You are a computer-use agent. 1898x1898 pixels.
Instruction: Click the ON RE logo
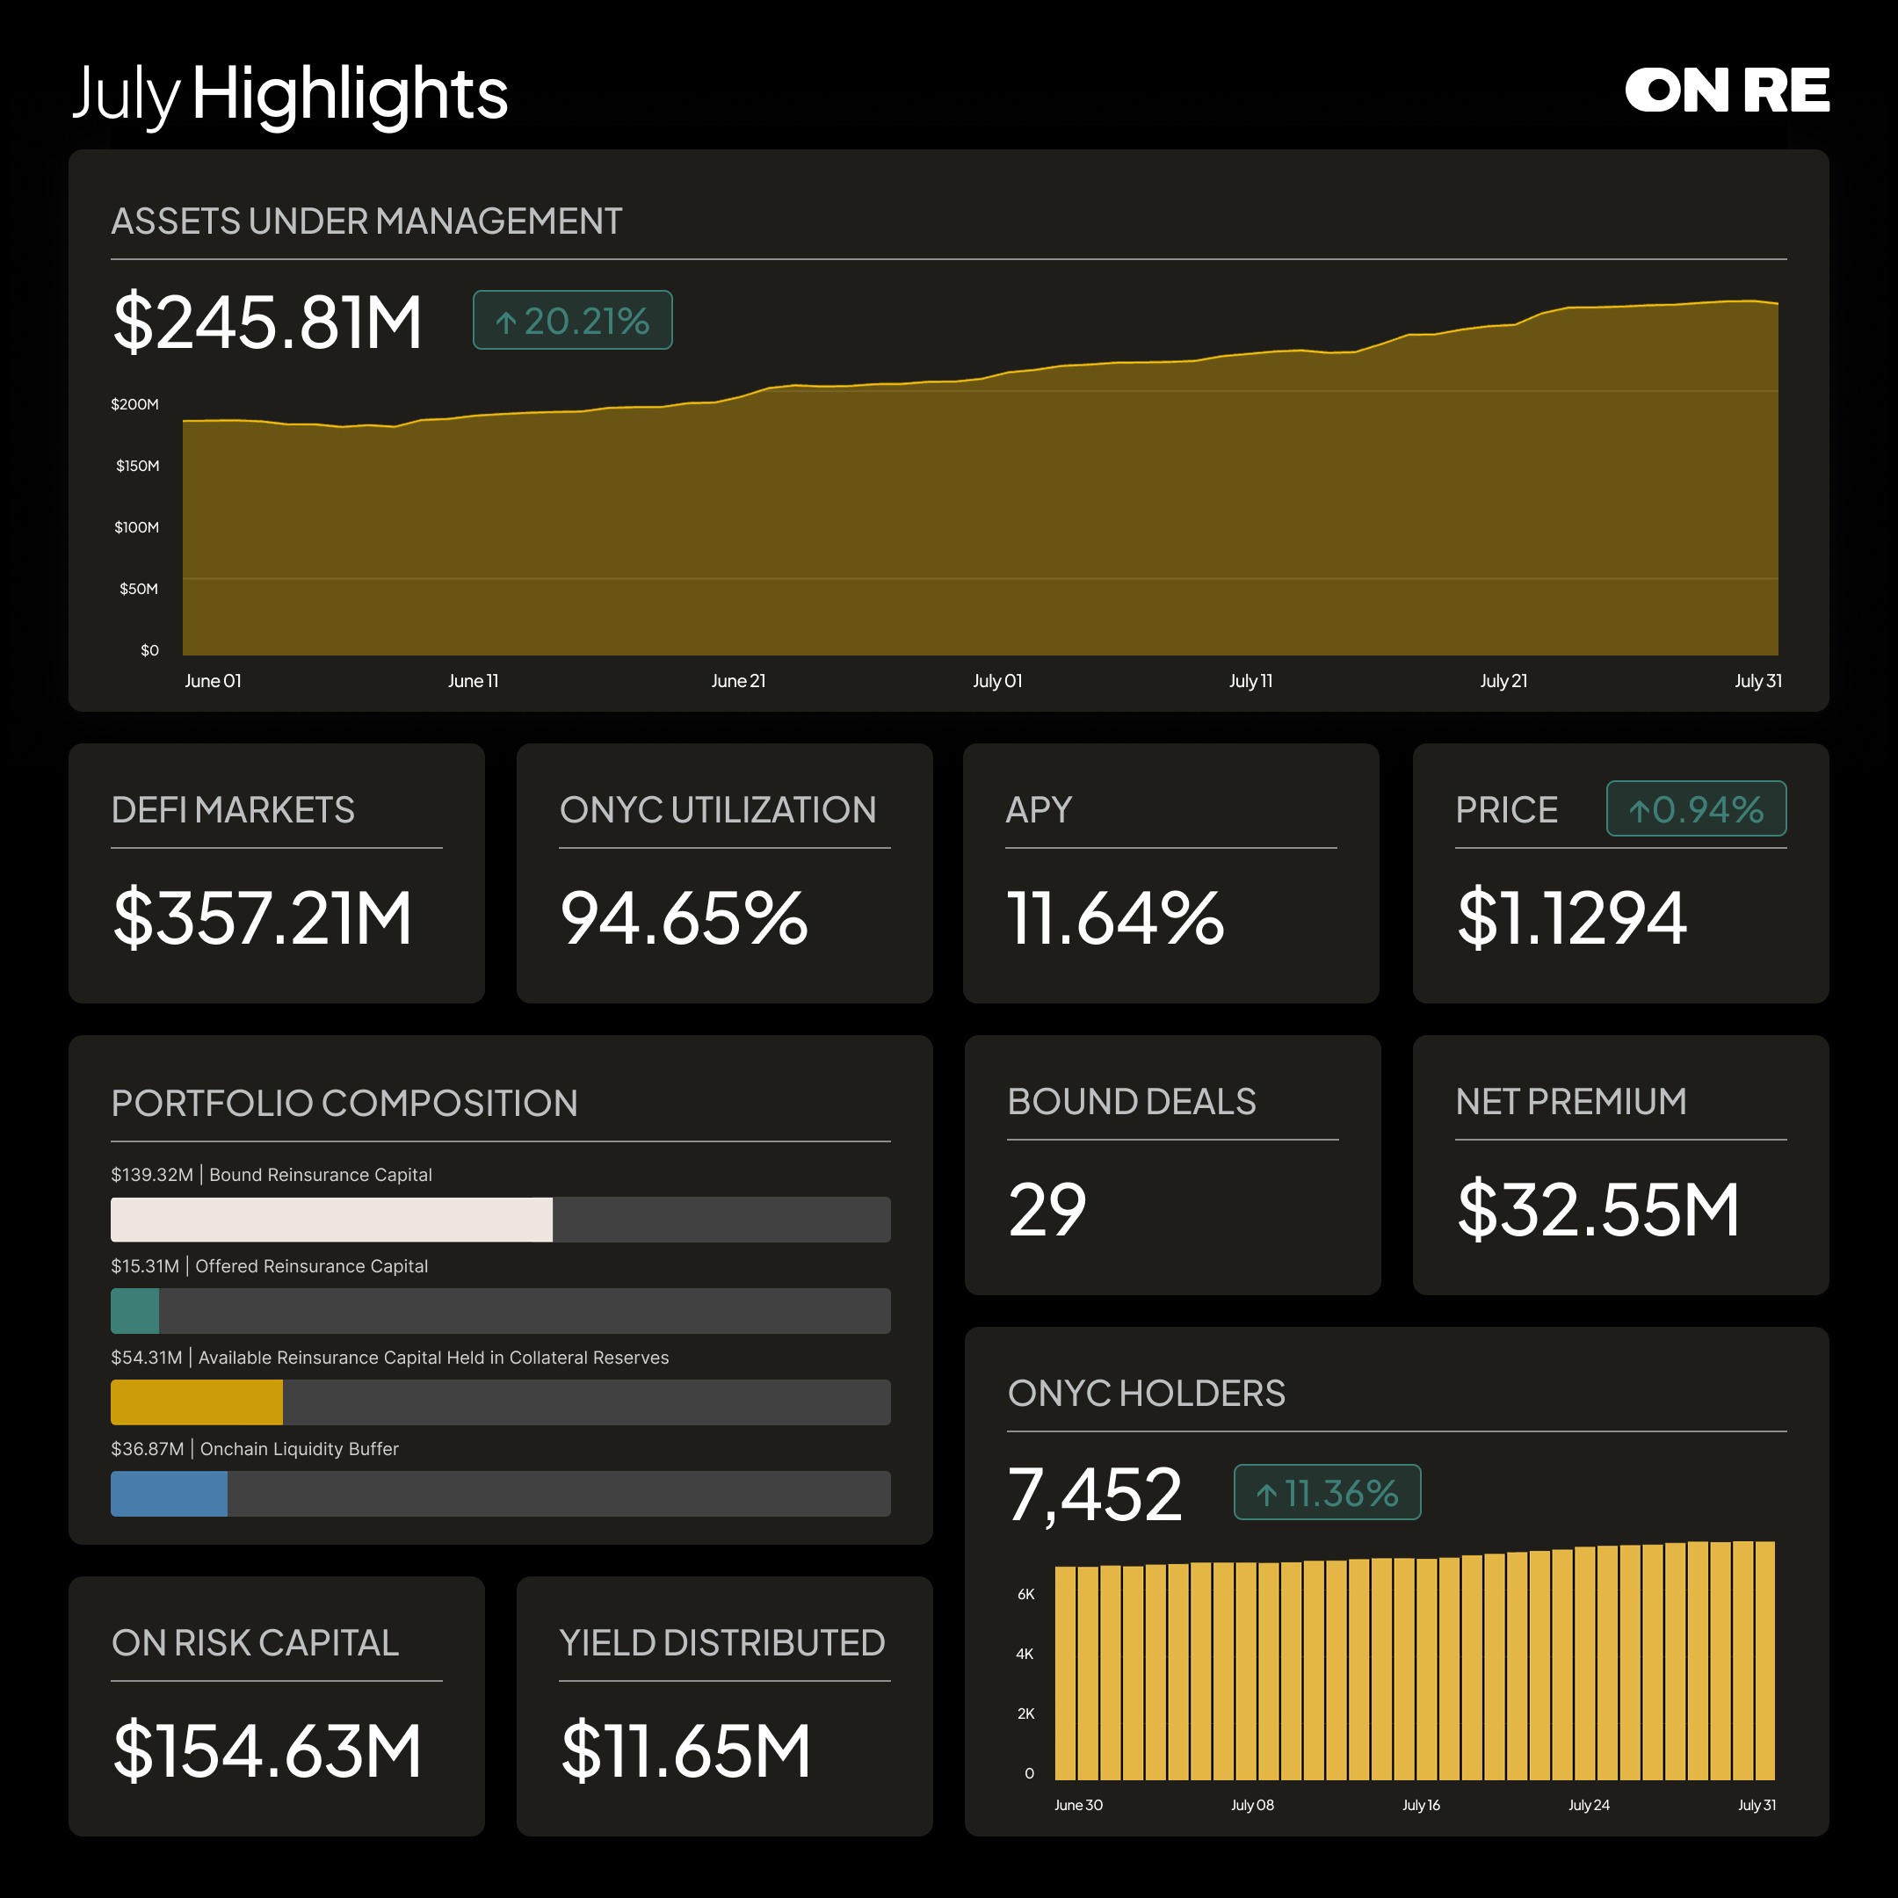[x=1726, y=91]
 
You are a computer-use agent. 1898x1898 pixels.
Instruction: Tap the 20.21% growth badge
[x=573, y=320]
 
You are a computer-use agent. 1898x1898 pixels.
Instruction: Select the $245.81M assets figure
[x=267, y=322]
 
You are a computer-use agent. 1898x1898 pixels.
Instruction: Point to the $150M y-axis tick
[x=138, y=466]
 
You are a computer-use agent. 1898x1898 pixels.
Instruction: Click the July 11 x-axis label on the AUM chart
[x=1250, y=681]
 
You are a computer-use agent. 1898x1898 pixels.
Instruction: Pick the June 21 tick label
[x=738, y=681]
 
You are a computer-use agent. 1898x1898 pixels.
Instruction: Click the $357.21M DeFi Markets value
[x=263, y=918]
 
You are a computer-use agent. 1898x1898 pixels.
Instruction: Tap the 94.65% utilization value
[x=684, y=918]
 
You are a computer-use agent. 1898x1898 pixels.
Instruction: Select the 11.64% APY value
[x=1115, y=918]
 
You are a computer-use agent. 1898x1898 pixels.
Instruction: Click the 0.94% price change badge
[x=1696, y=808]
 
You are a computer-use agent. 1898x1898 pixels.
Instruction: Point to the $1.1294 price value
[x=1572, y=918]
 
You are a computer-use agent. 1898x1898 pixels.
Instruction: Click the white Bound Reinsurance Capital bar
[x=332, y=1219]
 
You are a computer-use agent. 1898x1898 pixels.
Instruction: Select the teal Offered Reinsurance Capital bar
[x=135, y=1310]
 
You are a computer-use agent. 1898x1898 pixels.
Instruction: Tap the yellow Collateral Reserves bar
[x=197, y=1402]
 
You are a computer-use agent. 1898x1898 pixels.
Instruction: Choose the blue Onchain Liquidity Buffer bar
[x=169, y=1493]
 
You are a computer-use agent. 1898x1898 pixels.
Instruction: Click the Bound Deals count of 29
[x=1047, y=1209]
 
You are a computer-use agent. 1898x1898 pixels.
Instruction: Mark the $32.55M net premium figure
[x=1598, y=1209]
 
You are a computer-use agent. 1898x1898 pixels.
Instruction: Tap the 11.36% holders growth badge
[x=1327, y=1492]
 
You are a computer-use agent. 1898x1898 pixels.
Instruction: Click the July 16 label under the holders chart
[x=1421, y=1805]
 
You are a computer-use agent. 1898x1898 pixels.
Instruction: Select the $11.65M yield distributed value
[x=685, y=1750]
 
